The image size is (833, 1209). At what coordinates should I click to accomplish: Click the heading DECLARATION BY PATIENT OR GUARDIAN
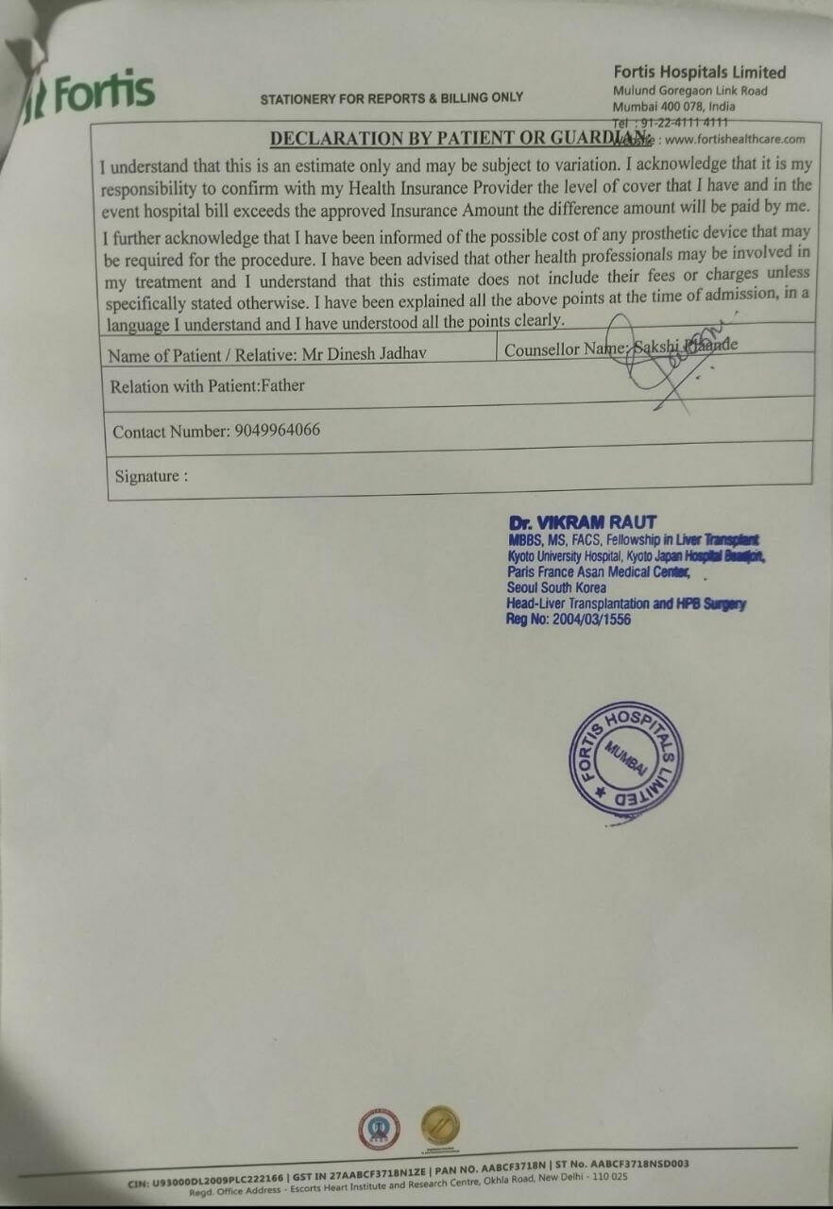tap(457, 138)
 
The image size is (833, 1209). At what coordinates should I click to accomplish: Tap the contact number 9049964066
tap(276, 431)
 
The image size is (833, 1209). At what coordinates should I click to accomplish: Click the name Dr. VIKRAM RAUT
tap(583, 522)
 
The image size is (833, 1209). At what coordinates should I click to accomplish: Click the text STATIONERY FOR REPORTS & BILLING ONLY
tap(391, 98)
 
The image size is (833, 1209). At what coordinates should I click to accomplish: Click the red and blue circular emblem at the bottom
tap(380, 1130)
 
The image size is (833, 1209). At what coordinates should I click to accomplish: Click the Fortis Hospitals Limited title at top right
tap(699, 72)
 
